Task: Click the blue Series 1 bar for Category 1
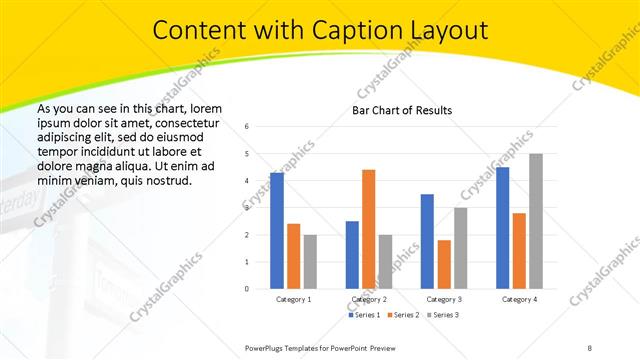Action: coord(277,231)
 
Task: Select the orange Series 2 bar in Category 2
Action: coord(368,229)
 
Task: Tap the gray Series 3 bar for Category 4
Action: coord(536,221)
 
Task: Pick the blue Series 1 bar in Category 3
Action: coord(427,241)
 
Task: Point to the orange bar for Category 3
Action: coord(444,264)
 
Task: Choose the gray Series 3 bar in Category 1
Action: coord(310,261)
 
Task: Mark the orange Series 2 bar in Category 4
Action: coord(519,251)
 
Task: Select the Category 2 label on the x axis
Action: coord(369,299)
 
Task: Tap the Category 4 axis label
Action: coord(519,299)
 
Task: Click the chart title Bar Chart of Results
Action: coord(402,110)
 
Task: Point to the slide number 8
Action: coord(589,347)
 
